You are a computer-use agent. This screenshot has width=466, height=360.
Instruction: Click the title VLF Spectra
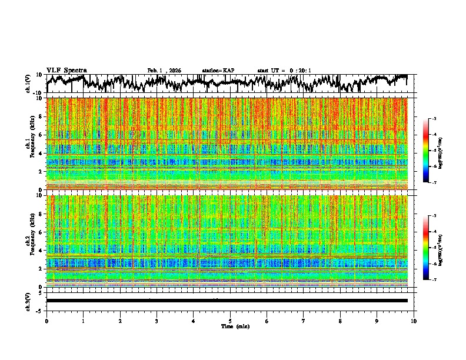(66, 70)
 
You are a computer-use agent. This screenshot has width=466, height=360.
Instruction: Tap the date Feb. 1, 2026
(164, 71)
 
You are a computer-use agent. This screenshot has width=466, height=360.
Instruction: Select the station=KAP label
(218, 71)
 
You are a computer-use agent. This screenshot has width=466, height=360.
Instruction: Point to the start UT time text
(284, 71)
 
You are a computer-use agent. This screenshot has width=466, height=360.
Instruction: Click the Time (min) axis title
(230, 326)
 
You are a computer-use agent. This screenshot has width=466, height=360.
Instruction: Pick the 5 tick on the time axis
(230, 321)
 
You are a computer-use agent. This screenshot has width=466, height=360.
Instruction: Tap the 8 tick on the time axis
(340, 321)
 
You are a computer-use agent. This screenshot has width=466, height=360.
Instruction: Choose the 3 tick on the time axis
(157, 321)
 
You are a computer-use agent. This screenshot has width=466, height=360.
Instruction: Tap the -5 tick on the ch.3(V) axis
(39, 309)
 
